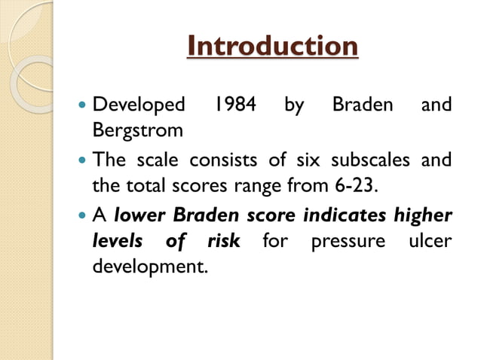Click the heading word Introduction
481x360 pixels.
272,47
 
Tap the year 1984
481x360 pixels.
230,104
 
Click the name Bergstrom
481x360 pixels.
137,130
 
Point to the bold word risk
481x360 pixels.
223,242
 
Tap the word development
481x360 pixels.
149,267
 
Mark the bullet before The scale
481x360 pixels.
82,161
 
